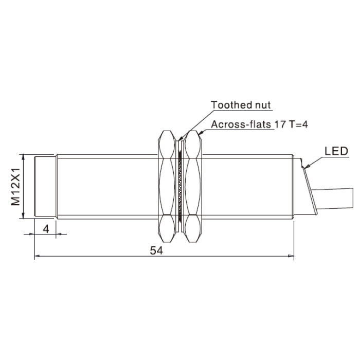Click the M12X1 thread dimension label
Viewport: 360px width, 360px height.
tap(15, 186)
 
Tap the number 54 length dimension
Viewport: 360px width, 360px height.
tap(156, 250)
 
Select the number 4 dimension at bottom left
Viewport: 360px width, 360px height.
tap(46, 229)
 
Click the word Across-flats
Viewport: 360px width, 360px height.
tap(241, 124)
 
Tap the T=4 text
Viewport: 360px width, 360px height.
tap(298, 124)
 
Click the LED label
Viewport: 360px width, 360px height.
tap(336, 151)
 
